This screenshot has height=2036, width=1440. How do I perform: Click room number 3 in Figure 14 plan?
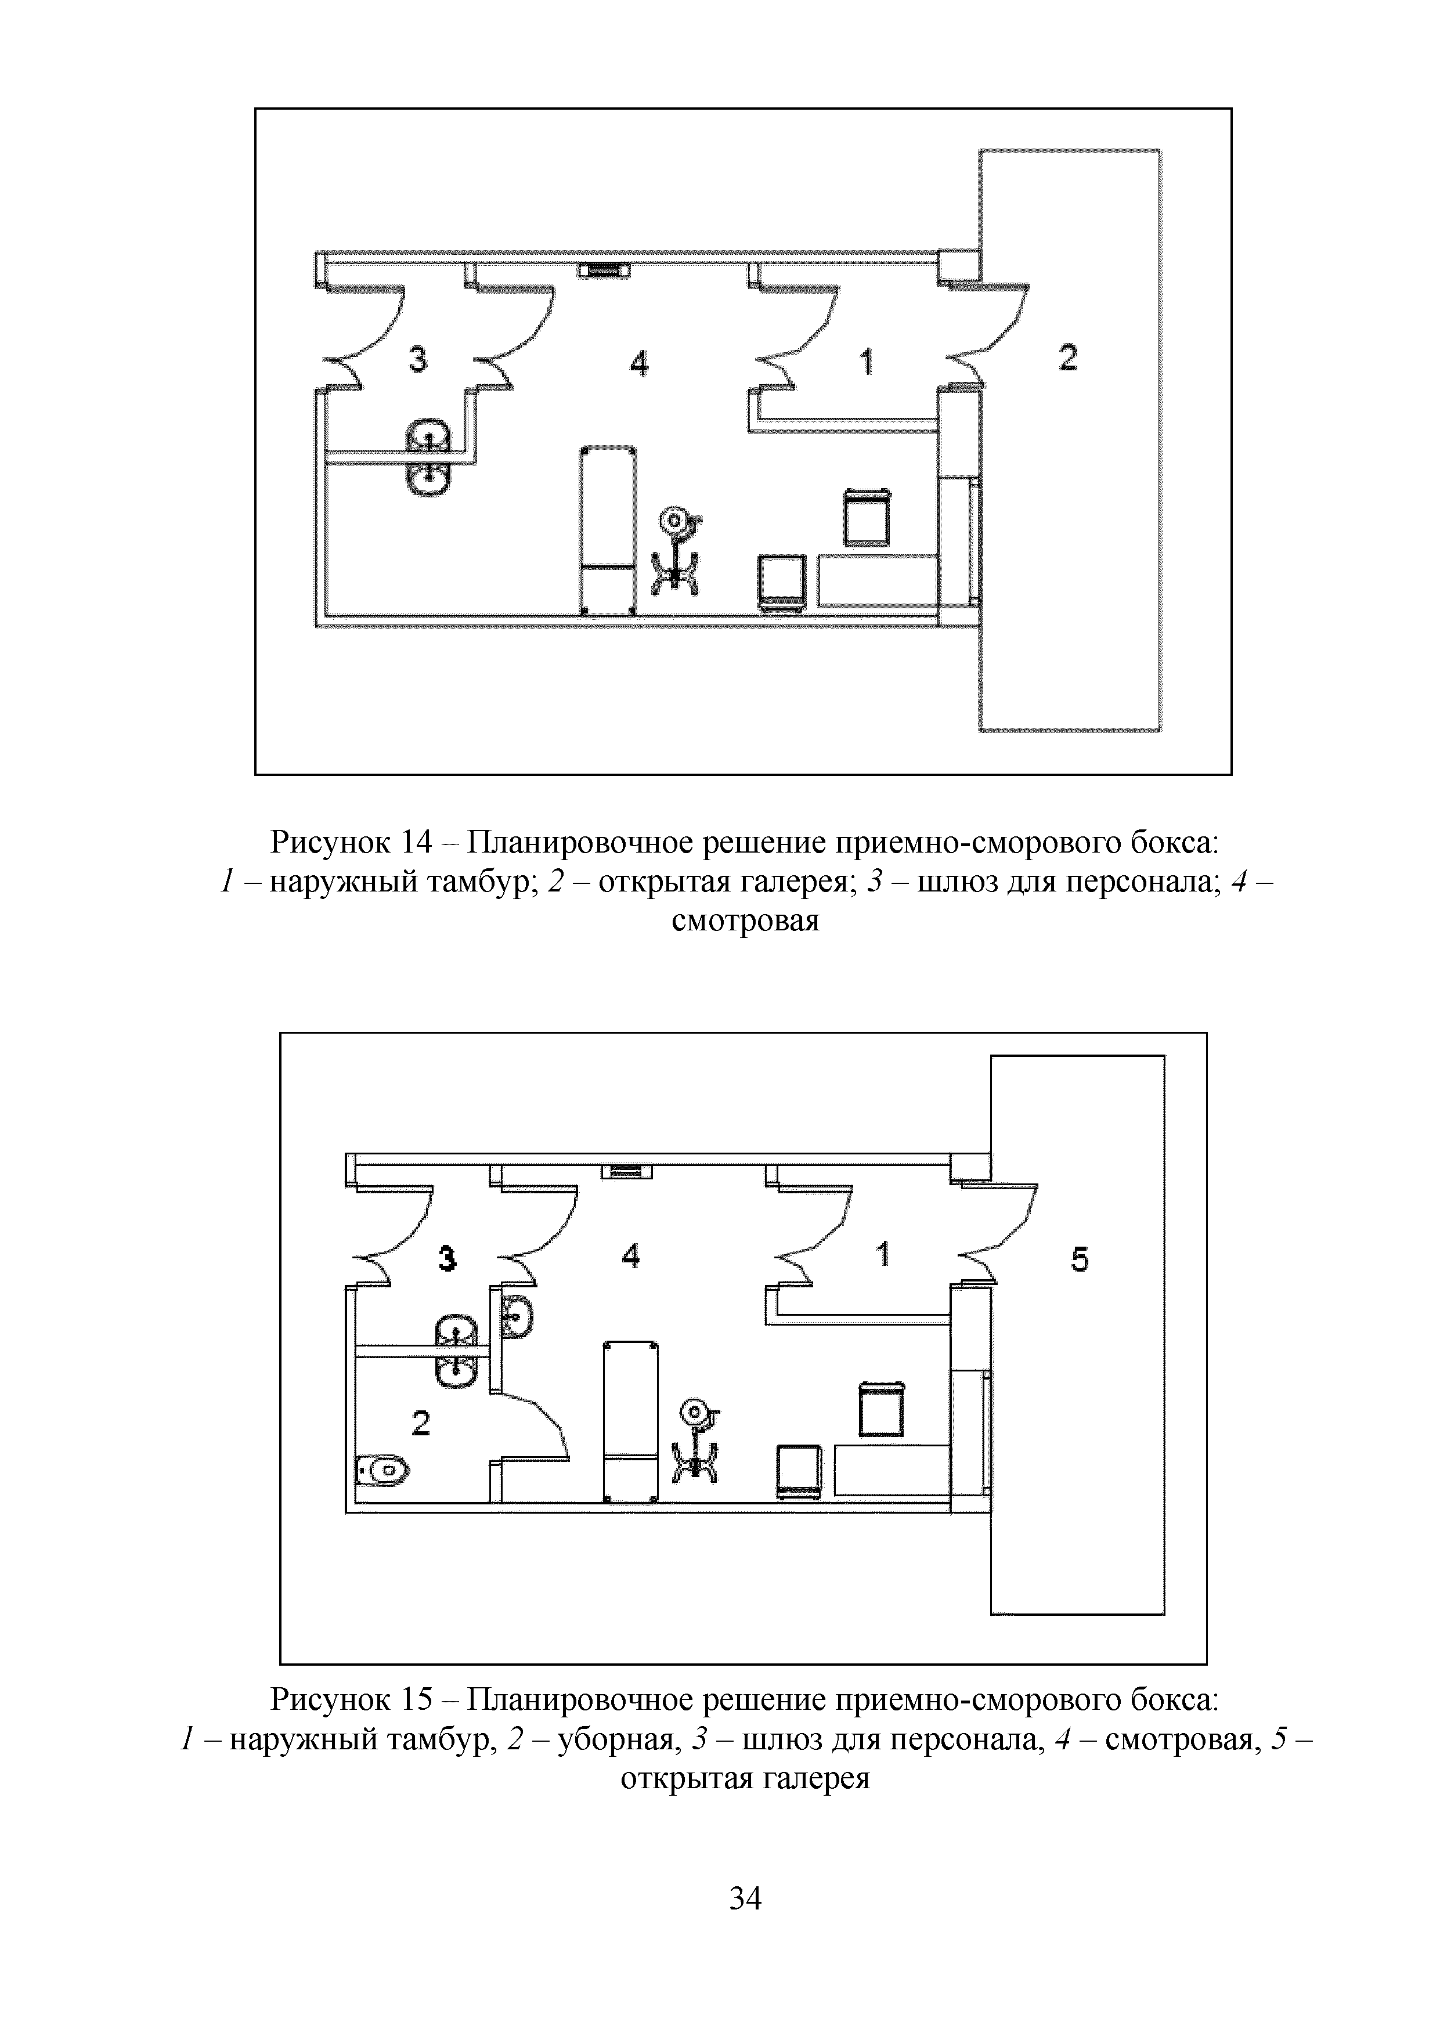417,359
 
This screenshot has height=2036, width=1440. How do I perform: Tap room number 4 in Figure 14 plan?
638,363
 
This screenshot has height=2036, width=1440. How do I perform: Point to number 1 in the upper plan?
867,361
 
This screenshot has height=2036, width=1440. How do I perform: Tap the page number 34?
745,1898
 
